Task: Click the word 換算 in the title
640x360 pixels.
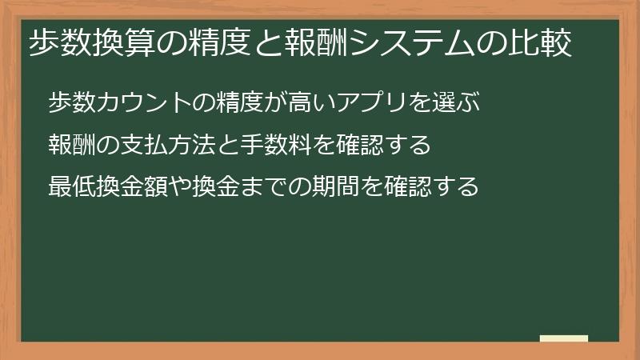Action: tap(125, 43)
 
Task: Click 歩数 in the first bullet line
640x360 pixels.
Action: tap(72, 102)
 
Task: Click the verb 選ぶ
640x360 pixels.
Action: tap(456, 102)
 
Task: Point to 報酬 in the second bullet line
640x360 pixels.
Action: tap(72, 145)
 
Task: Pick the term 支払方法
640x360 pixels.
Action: tap(168, 145)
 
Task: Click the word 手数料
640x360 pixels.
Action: tap(276, 145)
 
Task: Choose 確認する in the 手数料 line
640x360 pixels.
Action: tap(384, 145)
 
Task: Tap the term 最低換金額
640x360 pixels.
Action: tap(108, 186)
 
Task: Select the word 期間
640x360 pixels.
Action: tap(335, 186)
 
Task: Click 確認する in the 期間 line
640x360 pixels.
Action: tap(431, 186)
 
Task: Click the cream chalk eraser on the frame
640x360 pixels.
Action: tap(564, 338)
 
